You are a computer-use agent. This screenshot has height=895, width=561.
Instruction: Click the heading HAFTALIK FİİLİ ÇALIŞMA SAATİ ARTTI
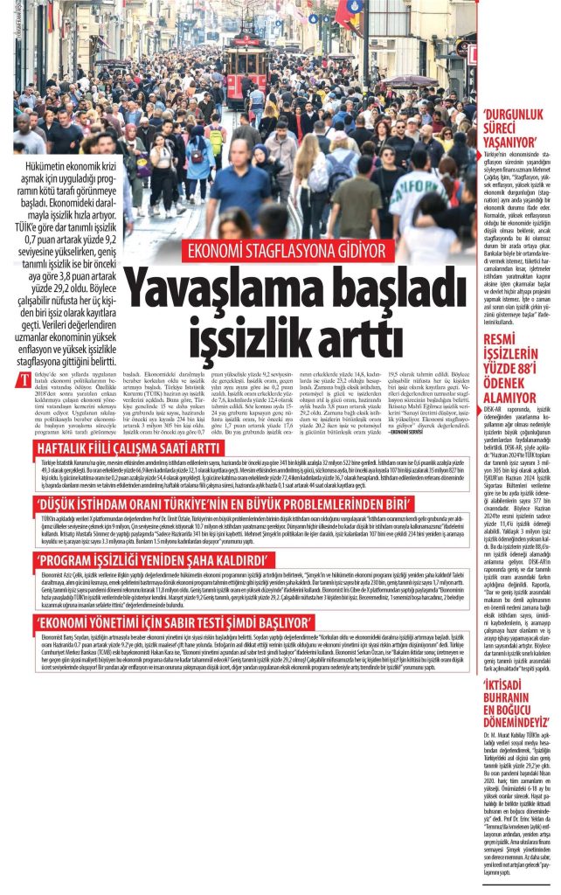[x=131, y=424]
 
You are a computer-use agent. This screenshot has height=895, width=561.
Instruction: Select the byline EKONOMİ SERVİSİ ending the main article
[x=405, y=407]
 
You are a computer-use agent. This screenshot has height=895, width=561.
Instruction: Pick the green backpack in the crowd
[x=215, y=137]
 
